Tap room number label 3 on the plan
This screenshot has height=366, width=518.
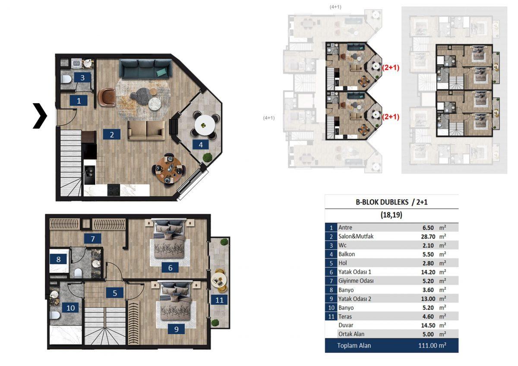tap(82, 78)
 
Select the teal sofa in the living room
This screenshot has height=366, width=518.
tap(146, 68)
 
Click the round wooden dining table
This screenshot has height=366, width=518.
tap(169, 169)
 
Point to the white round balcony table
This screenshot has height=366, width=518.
tap(205, 125)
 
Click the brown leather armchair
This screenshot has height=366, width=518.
tap(107, 97)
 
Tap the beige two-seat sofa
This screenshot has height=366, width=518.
tap(146, 131)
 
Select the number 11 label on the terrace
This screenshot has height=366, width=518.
tap(219, 300)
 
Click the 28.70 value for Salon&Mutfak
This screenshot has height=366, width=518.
tap(428, 237)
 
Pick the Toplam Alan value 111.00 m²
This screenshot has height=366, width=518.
tap(432, 346)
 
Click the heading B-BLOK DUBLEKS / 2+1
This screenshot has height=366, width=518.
tap(392, 202)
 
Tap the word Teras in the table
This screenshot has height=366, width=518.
tap(345, 316)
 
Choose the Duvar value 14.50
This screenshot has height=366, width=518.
tap(428, 325)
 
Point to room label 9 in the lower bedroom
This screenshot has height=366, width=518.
tap(176, 329)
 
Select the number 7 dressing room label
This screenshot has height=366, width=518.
tap(92, 239)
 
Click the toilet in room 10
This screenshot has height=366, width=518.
tap(55, 316)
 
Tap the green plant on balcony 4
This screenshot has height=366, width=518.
tap(208, 157)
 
